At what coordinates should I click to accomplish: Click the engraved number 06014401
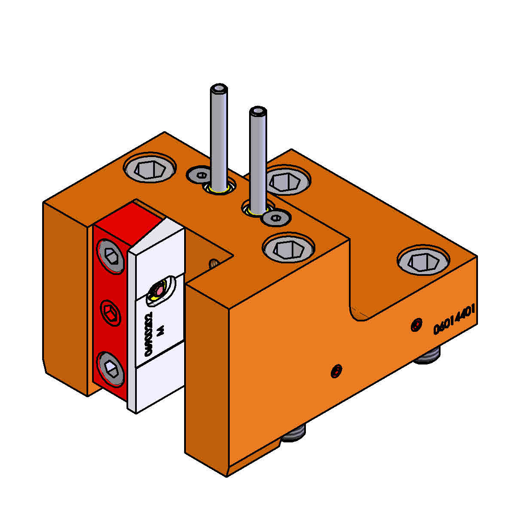click(x=454, y=321)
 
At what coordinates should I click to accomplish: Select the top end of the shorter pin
click(x=258, y=111)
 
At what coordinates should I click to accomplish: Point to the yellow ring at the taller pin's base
click(x=220, y=189)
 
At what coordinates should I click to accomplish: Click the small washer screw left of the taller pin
click(x=200, y=175)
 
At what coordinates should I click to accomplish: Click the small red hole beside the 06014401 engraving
click(x=416, y=325)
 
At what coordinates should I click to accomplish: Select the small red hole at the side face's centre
click(x=337, y=371)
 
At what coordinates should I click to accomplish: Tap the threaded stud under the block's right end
click(x=427, y=357)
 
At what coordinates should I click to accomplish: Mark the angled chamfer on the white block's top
click(x=157, y=237)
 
